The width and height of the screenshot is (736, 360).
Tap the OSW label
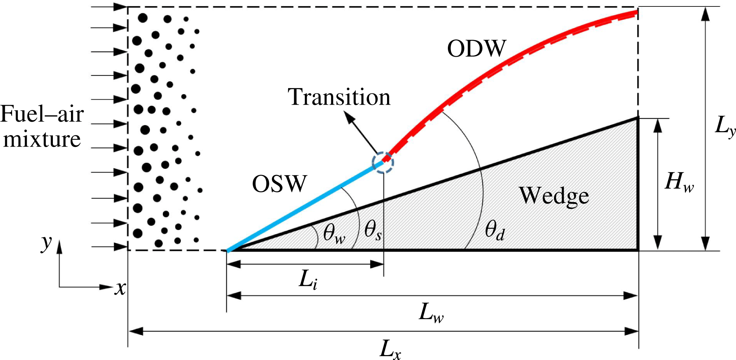pyautogui.click(x=279, y=184)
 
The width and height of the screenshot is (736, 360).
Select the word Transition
pyautogui.click(x=339, y=97)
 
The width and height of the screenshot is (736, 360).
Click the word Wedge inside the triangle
pyautogui.click(x=554, y=196)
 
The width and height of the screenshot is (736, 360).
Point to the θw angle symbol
pyautogui.click(x=334, y=233)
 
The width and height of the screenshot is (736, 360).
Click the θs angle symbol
pyautogui.click(x=373, y=231)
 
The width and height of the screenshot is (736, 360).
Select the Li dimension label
pyautogui.click(x=308, y=281)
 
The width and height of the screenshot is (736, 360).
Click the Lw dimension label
pyautogui.click(x=431, y=314)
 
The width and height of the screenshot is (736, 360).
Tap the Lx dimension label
pyautogui.click(x=390, y=349)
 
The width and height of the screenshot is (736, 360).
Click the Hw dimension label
pyautogui.click(x=679, y=182)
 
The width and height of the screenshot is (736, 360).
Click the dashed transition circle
pyautogui.click(x=383, y=162)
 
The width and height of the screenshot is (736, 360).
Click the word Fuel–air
pyautogui.click(x=42, y=114)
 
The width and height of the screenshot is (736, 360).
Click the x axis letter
pyautogui.click(x=120, y=288)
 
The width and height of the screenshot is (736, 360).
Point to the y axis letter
pyautogui.click(x=46, y=243)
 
